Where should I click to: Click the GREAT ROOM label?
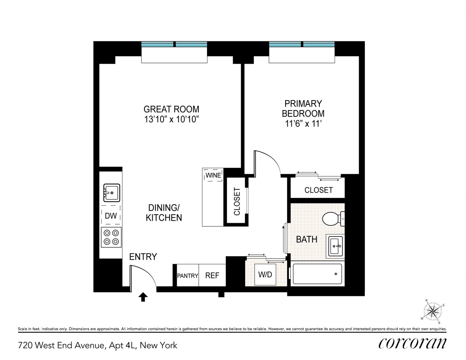coord(171,109)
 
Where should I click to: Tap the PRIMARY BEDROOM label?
coord(303,108)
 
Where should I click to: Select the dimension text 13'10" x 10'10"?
coord(172,120)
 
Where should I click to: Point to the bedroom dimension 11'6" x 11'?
coord(303,123)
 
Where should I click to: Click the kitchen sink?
coord(112,193)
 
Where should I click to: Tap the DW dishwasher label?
coord(111,216)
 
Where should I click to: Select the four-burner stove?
coord(111,237)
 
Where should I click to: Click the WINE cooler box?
coord(213,175)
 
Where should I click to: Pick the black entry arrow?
coord(143,297)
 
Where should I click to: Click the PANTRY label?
coord(187,276)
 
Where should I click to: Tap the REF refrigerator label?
coord(212,275)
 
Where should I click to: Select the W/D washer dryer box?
coord(265,274)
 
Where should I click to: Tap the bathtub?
coord(317,274)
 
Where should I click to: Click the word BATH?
coord(306,239)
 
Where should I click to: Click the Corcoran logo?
coord(412,343)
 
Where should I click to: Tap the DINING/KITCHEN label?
coord(164,213)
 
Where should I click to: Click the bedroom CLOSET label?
coord(318,190)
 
